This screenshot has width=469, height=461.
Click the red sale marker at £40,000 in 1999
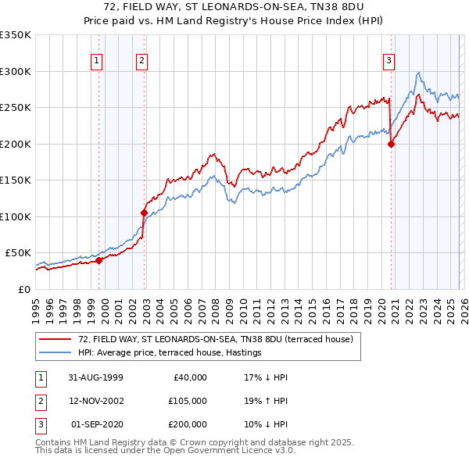coord(99,261)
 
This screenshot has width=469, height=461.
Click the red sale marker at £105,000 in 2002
coord(144,213)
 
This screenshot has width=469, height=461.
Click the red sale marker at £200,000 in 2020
coord(391,144)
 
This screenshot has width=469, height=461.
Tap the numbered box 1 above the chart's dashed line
coord(96,60)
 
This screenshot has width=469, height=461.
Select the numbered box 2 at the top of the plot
coord(141,60)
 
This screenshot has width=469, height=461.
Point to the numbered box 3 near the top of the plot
coord(388,60)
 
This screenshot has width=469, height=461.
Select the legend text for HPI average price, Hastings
coord(169,353)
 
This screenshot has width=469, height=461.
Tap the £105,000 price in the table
coord(188,401)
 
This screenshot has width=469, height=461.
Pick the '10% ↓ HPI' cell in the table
coord(266,424)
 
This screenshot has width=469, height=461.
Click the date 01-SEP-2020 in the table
coord(96,424)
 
